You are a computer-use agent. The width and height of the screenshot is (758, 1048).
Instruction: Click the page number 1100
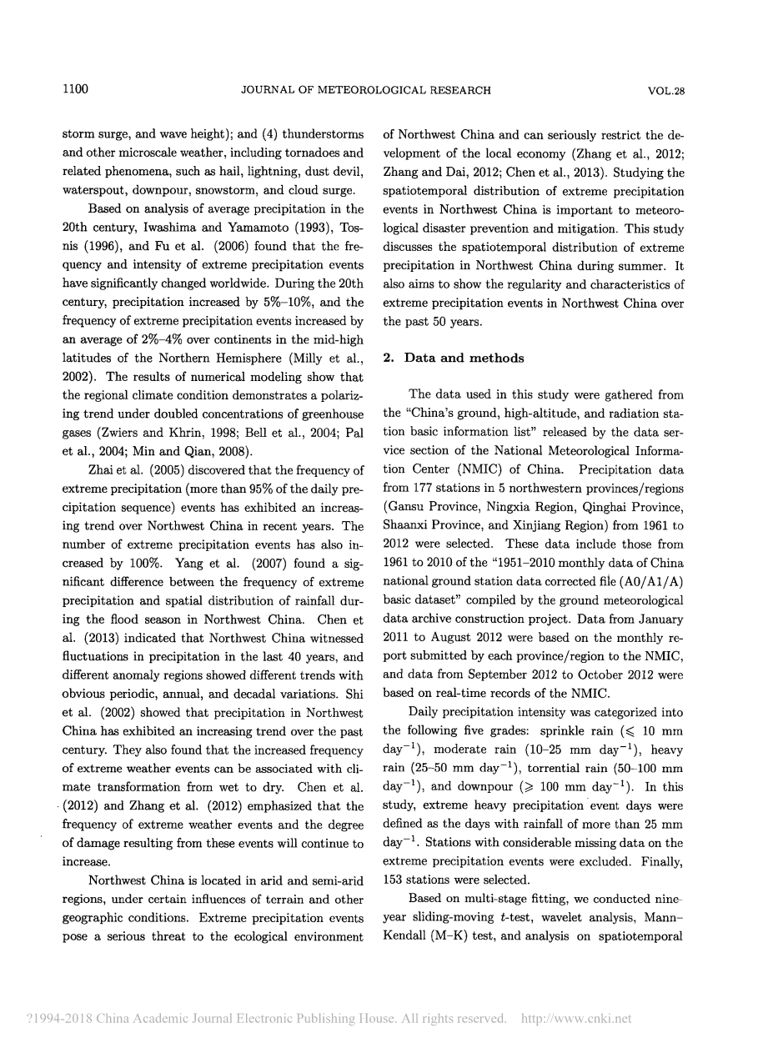coord(76,91)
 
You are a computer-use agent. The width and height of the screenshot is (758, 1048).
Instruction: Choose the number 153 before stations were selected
coord(394,880)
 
